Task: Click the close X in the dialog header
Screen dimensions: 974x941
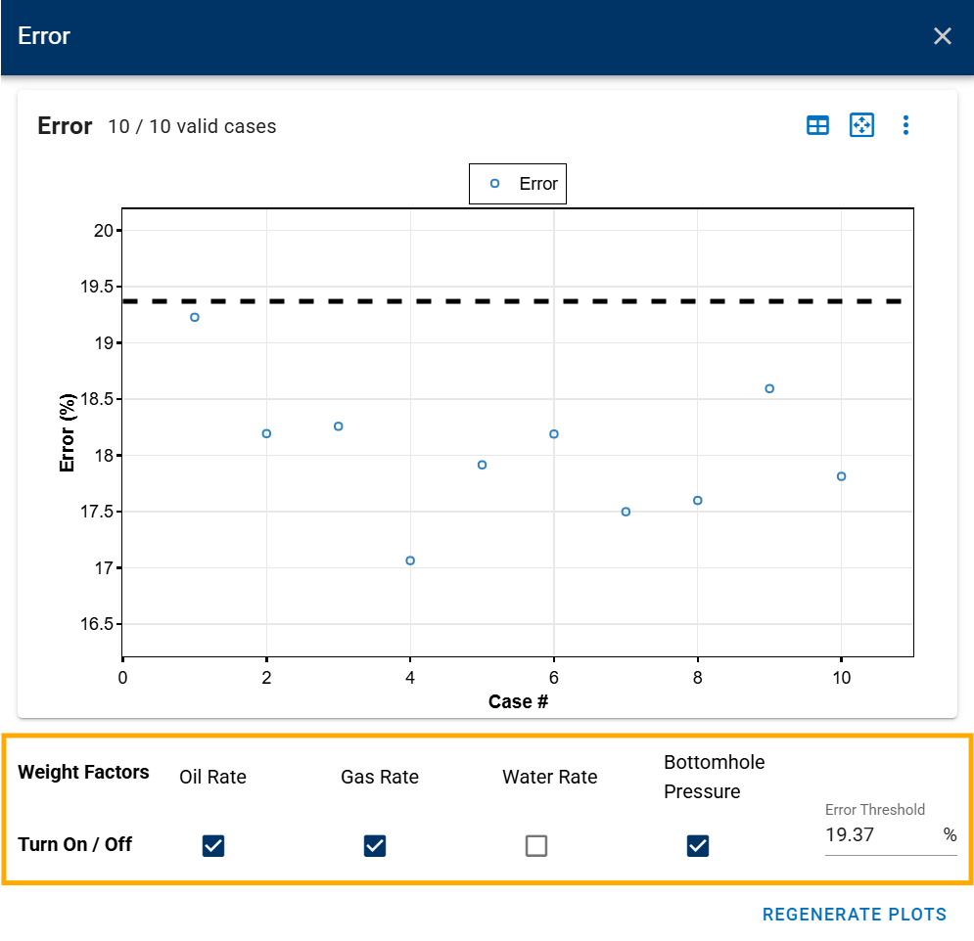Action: coord(943,36)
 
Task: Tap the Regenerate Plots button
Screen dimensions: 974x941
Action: coord(855,915)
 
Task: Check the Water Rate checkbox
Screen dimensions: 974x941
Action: coord(536,845)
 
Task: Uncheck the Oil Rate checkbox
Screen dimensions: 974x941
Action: coord(213,845)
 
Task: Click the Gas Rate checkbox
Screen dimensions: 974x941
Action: coord(375,845)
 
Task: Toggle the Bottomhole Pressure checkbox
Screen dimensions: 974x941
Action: coord(698,845)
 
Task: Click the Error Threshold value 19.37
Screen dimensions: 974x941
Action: coord(849,834)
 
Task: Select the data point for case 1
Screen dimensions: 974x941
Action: coord(195,317)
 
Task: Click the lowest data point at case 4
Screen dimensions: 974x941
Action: coord(410,560)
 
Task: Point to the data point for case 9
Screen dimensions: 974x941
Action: coord(769,388)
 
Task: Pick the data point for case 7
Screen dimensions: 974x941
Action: coord(626,512)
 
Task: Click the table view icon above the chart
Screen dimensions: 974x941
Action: coord(817,125)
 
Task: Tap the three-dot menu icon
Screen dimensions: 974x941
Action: coord(905,125)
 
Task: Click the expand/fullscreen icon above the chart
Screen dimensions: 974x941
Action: coord(861,125)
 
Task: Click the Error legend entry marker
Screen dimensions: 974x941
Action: coord(494,184)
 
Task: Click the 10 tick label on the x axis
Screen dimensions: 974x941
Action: coord(842,678)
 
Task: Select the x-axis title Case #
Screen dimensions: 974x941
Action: coord(518,701)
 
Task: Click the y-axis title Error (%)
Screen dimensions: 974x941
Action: coord(68,432)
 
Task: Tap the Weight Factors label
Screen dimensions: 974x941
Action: coord(83,772)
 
